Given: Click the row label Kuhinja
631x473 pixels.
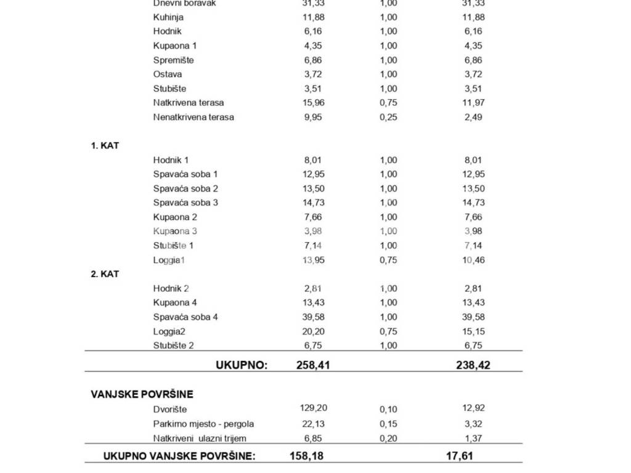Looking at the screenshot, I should click(168, 17).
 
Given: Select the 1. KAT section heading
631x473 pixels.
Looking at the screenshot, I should click(105, 146).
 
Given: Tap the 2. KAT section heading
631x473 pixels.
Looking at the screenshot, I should click(105, 274).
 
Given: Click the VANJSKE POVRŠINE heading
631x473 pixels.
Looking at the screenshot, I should click(142, 394).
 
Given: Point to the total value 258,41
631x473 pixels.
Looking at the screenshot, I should click(313, 365).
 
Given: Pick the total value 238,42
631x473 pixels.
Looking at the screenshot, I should click(473, 365).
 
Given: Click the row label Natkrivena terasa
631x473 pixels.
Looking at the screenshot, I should click(189, 103).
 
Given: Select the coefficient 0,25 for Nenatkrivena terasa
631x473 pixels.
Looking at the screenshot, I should click(388, 117).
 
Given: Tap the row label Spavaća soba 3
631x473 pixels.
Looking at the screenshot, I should click(185, 203).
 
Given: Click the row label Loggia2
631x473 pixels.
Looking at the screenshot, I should click(169, 331).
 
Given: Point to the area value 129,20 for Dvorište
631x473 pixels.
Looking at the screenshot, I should click(314, 408).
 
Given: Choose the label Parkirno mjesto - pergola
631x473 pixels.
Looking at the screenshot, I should click(203, 424).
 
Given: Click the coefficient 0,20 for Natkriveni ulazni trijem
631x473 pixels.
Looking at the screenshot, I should click(388, 439).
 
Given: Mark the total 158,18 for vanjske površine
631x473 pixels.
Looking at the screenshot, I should click(306, 456).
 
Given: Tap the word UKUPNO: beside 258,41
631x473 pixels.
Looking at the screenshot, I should click(242, 365).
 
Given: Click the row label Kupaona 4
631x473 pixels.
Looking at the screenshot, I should click(175, 302).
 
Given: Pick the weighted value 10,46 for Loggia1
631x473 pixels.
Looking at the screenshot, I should click(473, 260).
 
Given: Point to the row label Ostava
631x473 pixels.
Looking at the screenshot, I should click(168, 74).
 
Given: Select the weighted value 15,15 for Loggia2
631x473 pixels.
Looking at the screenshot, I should click(473, 331).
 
